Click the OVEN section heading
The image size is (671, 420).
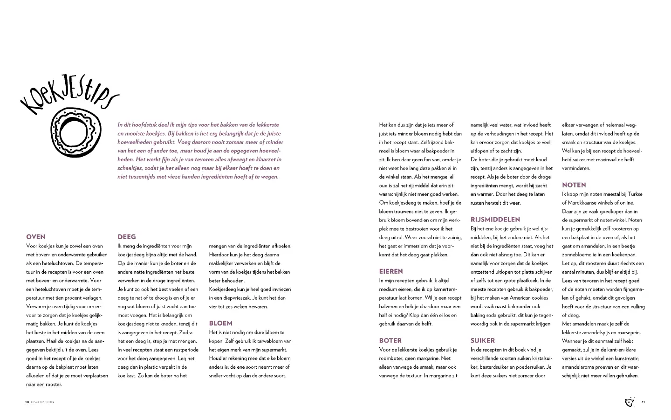pyautogui.click(x=36, y=237)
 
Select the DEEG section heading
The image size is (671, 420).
pyautogui.click(x=127, y=237)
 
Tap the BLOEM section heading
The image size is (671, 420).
pyautogui.click(x=220, y=323)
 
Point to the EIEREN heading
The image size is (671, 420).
pyautogui.click(x=391, y=271)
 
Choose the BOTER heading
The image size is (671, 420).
pyautogui.click(x=390, y=340)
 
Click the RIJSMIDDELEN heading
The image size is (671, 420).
pyautogui.click(x=495, y=220)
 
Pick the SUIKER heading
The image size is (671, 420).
pyautogui.click(x=483, y=340)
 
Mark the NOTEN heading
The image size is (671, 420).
pyautogui.click(x=574, y=185)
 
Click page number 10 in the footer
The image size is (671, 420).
pyautogui.click(x=27, y=402)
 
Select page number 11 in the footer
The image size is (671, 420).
pyautogui.click(x=643, y=402)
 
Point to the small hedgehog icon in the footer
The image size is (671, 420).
pyautogui.click(x=630, y=402)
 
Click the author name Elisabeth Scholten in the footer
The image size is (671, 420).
pyautogui.click(x=42, y=402)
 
